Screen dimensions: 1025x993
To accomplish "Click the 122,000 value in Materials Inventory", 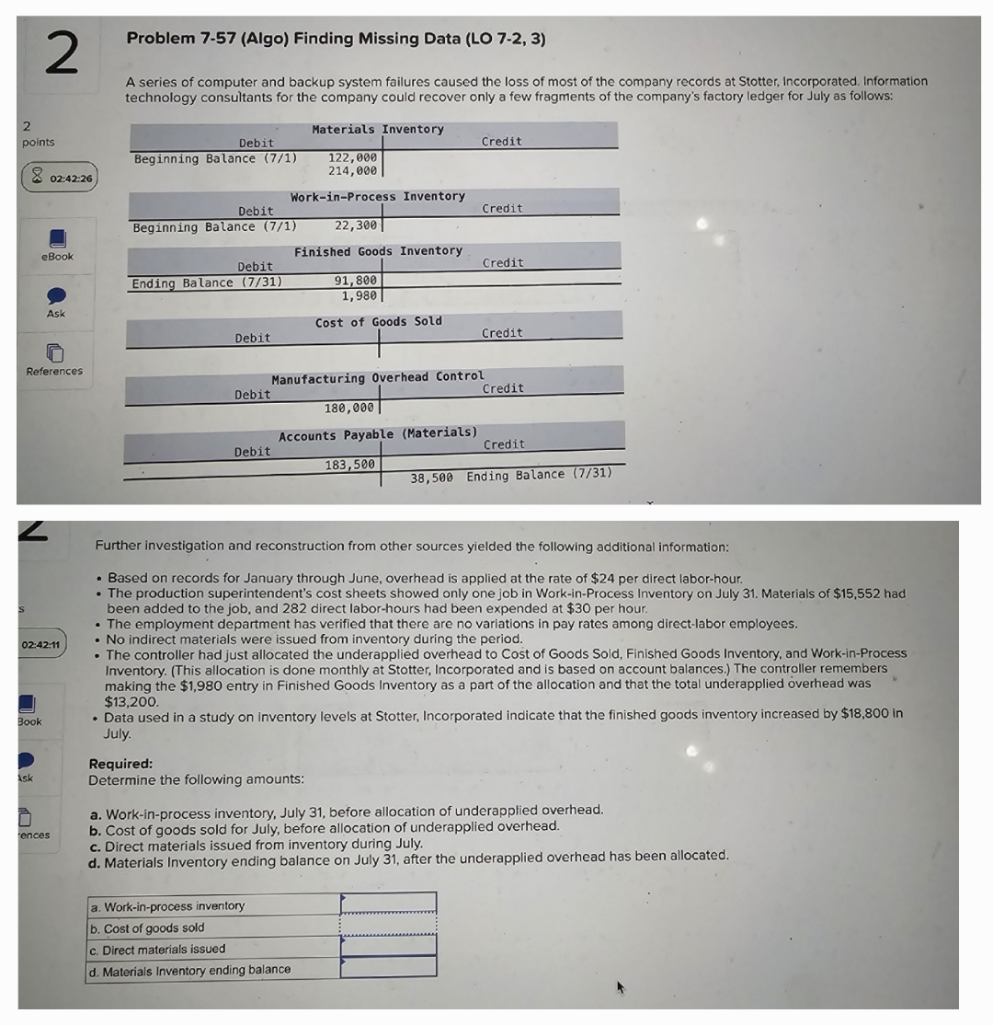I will (352, 157).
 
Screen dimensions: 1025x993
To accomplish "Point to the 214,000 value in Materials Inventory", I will (352, 171).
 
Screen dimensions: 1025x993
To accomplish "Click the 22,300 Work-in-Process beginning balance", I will (355, 225).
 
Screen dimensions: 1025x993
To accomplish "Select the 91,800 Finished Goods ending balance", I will (355, 282).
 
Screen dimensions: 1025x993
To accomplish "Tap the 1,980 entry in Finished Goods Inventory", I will (358, 295).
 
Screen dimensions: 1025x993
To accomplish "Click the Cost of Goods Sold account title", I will (378, 321).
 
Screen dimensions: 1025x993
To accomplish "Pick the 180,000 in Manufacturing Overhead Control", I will (349, 408).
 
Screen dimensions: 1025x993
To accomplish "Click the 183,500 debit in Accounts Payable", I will (349, 465).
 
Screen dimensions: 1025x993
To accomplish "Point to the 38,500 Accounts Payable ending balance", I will (431, 475).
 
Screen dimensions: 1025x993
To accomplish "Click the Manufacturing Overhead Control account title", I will (377, 377).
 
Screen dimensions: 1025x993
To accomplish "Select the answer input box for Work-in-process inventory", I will (388, 902).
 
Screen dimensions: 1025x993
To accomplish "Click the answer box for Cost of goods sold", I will (388, 924).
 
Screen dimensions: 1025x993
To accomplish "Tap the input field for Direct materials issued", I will (388, 945).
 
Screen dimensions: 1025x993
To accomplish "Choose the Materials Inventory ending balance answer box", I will (388, 966).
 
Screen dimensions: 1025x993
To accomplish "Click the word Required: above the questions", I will (120, 764).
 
